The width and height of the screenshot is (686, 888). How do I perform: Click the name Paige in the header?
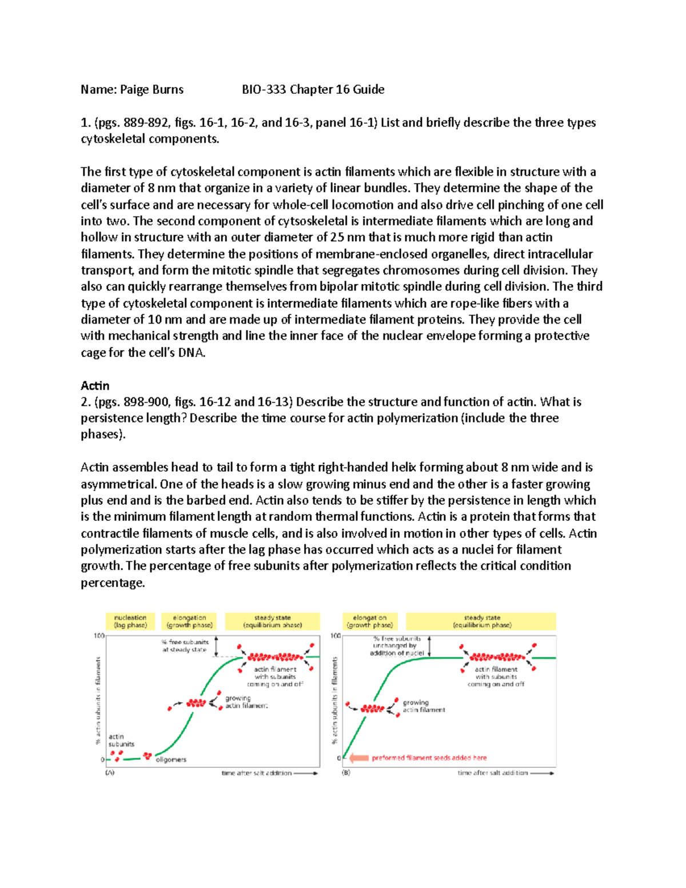click(x=135, y=90)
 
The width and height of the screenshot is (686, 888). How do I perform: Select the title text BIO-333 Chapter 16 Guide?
click(x=313, y=90)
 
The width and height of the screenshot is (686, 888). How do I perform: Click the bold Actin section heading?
click(x=95, y=386)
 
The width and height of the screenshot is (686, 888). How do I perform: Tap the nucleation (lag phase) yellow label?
click(x=130, y=622)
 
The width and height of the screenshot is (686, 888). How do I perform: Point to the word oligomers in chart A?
click(x=171, y=760)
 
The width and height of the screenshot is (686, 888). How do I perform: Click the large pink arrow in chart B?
click(x=358, y=758)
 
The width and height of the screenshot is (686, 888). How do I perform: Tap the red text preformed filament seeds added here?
click(x=429, y=758)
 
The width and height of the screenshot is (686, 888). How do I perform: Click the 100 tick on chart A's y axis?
click(x=99, y=636)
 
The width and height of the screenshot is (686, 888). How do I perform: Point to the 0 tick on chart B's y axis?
click(x=338, y=759)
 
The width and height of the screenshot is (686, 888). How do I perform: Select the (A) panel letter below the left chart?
click(x=109, y=773)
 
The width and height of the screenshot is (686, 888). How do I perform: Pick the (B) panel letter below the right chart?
click(x=346, y=773)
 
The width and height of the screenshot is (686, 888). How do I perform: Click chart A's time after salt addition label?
click(x=257, y=773)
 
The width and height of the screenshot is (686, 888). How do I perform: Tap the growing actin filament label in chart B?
click(x=424, y=706)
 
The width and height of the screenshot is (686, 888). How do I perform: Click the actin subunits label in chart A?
click(x=121, y=740)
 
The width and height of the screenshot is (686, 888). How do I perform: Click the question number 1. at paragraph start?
click(x=85, y=123)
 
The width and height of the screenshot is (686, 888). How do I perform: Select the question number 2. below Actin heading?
click(x=85, y=402)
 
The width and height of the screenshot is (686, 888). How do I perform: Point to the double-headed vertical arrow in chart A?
click(x=216, y=646)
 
